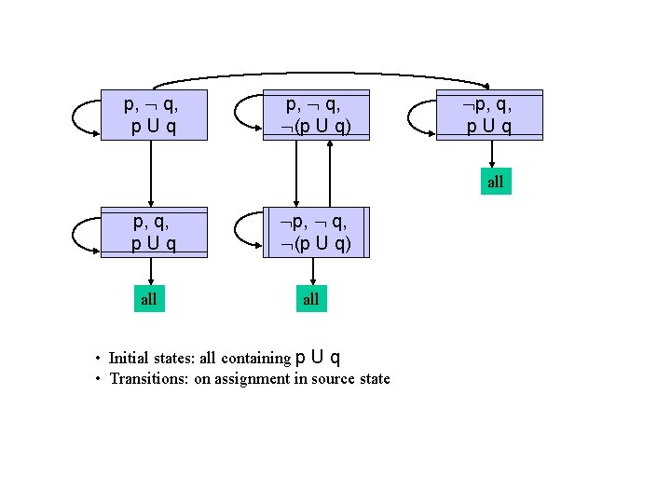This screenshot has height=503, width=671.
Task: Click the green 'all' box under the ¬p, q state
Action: tap(494, 182)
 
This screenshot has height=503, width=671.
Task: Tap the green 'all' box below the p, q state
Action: tap(149, 299)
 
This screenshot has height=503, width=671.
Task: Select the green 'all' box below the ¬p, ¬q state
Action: tap(311, 299)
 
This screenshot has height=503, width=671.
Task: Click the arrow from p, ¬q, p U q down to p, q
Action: tap(151, 172)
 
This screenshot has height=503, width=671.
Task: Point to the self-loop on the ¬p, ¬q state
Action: tap(241, 233)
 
